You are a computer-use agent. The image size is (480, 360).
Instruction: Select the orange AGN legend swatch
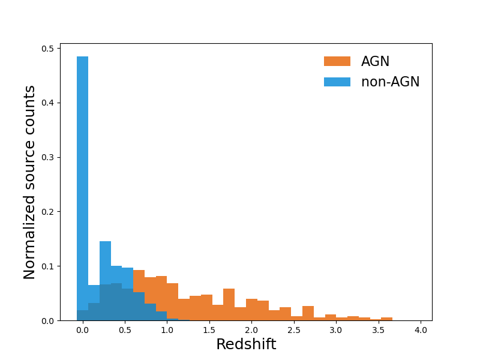337,61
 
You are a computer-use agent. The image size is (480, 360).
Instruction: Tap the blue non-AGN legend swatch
337,82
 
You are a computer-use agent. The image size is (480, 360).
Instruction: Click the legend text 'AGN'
375,61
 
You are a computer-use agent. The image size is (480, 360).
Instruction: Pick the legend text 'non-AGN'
390,82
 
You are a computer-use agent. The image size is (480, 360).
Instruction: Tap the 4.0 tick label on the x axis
421,329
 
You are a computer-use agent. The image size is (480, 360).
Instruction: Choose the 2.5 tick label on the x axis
294,329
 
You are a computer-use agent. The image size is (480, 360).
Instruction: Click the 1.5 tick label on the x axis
209,329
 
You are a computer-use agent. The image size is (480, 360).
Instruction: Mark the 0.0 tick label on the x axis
83,329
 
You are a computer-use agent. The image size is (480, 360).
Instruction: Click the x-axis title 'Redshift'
246,344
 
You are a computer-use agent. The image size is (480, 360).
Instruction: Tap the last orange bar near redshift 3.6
386,319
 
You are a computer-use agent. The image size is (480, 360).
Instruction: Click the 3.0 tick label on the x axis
336,329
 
